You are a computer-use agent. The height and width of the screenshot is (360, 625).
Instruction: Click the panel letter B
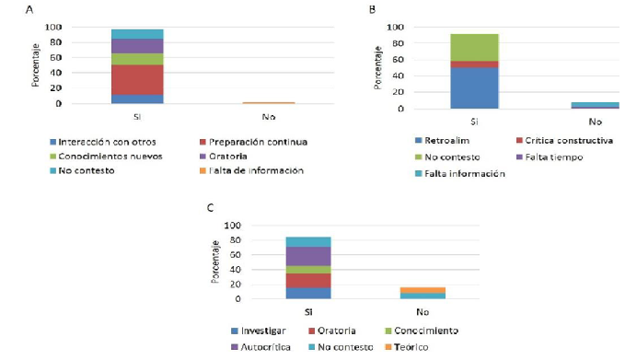tap(372, 10)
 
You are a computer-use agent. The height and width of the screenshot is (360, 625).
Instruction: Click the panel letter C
tap(211, 208)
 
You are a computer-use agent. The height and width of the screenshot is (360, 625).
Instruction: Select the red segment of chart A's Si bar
tap(137, 79)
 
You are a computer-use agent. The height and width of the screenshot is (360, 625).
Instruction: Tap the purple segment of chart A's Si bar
tap(137, 46)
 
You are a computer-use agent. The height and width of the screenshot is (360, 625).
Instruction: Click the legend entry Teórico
tap(411, 346)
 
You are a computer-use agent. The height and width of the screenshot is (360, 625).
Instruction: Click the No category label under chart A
tap(268, 117)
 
